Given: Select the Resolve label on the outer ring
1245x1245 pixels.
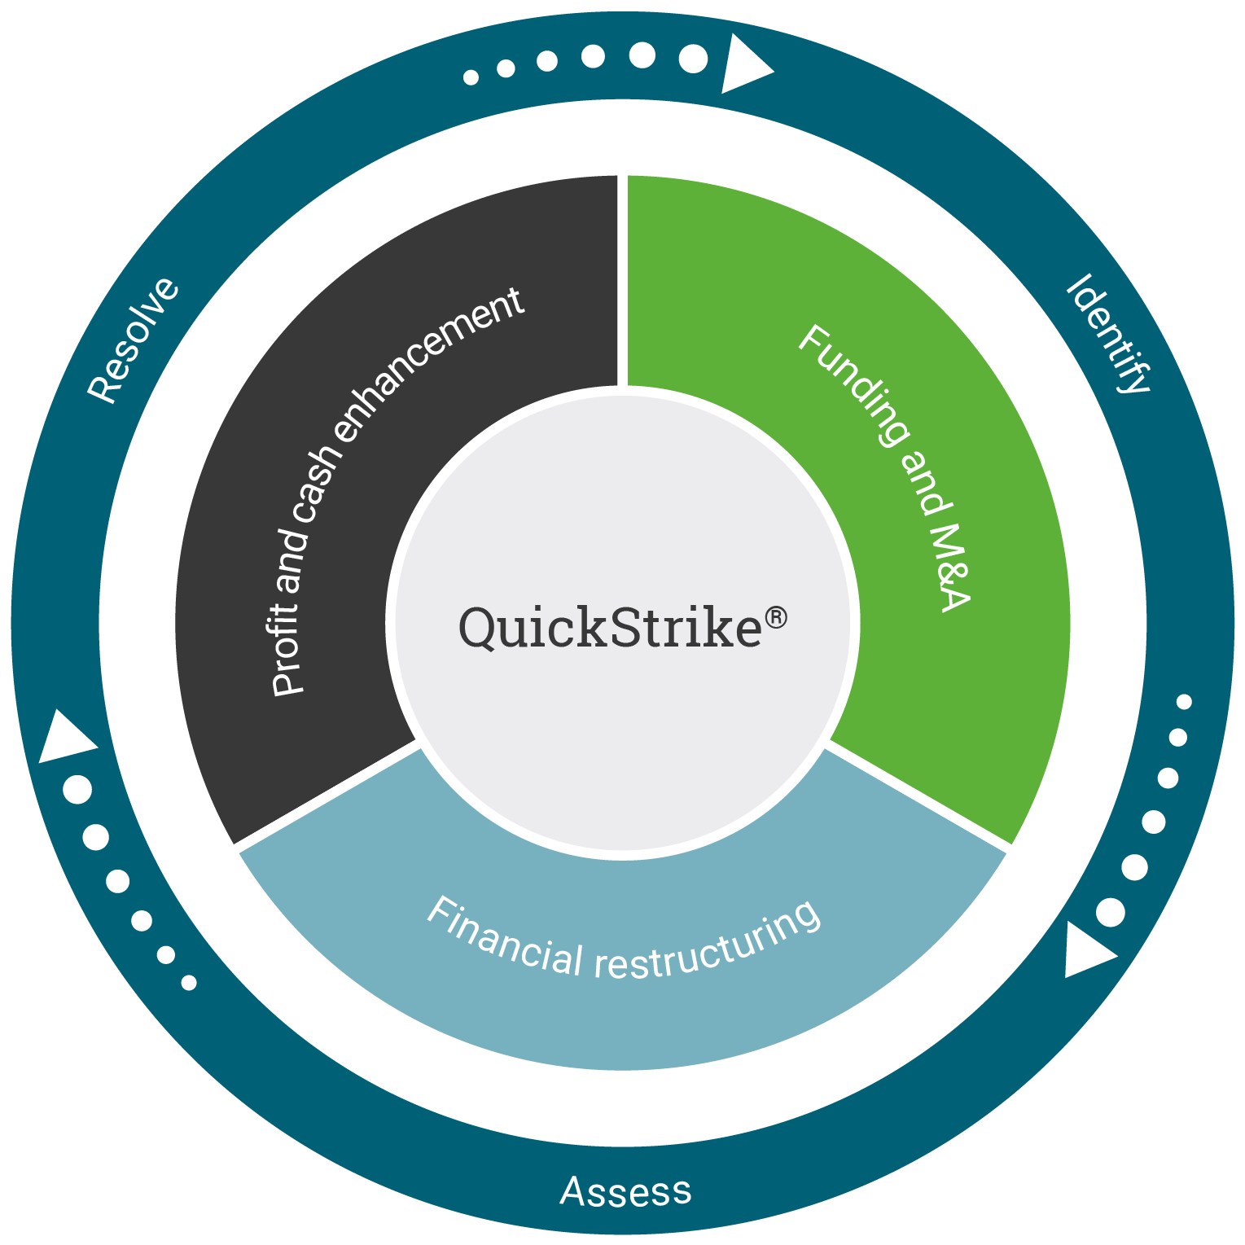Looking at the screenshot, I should (x=133, y=340).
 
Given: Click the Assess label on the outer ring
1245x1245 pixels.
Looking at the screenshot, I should (x=625, y=1192).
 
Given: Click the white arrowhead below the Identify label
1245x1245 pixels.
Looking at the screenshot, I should (x=1086, y=951).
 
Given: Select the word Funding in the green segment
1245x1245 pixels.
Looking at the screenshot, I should (x=850, y=386).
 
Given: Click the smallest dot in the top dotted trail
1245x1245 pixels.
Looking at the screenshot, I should (x=471, y=77).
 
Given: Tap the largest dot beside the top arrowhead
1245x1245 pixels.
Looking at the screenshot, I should (x=694, y=59).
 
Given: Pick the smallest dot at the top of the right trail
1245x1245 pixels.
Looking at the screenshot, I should (x=1184, y=702).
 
